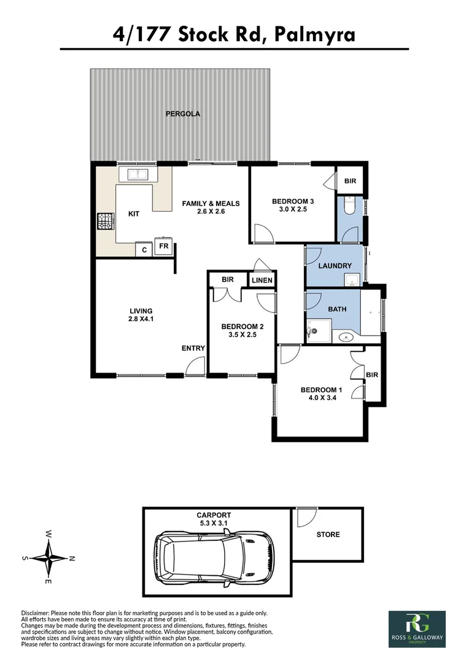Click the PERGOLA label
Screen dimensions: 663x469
click(x=182, y=114)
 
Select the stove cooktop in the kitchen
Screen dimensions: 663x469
click(x=102, y=221)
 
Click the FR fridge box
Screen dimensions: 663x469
click(x=164, y=246)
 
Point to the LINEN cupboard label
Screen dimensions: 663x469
click(x=262, y=281)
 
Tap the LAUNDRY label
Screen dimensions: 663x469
click(x=335, y=266)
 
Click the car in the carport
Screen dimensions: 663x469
click(x=214, y=558)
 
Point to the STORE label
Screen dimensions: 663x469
click(x=328, y=535)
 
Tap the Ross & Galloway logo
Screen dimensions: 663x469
click(x=417, y=629)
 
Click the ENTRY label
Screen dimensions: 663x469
click(x=193, y=348)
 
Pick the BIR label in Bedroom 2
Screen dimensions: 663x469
click(x=227, y=279)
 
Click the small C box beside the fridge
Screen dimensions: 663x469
click(x=144, y=250)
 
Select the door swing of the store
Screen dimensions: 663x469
click(x=303, y=518)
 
